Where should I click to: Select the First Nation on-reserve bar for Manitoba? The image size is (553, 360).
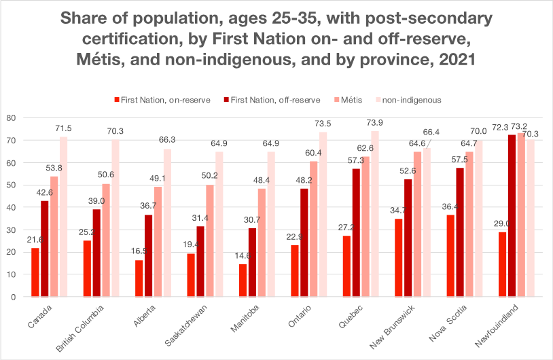(x=243, y=280)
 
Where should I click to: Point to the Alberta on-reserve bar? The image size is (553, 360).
(x=139, y=278)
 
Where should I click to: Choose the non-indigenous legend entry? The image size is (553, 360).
(x=407, y=100)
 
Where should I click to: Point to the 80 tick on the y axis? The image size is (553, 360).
(x=11, y=118)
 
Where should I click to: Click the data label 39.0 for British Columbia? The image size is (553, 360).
(x=98, y=201)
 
